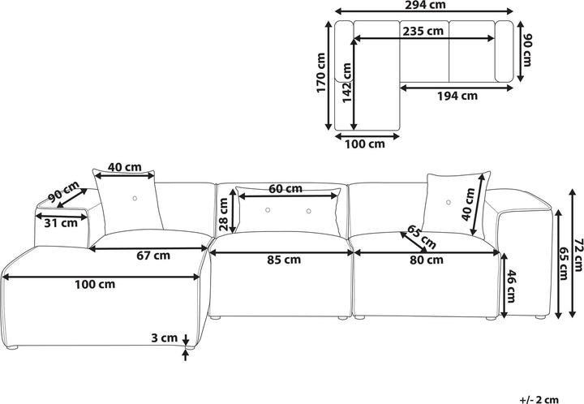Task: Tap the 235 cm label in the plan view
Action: click(x=423, y=31)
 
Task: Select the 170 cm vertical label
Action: click(x=320, y=73)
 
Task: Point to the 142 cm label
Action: click(x=347, y=83)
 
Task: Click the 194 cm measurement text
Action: click(x=457, y=96)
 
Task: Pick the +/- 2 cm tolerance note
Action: click(x=540, y=400)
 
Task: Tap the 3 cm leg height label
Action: click(x=164, y=337)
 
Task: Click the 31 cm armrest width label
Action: click(x=61, y=223)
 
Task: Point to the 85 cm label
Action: click(x=284, y=260)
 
